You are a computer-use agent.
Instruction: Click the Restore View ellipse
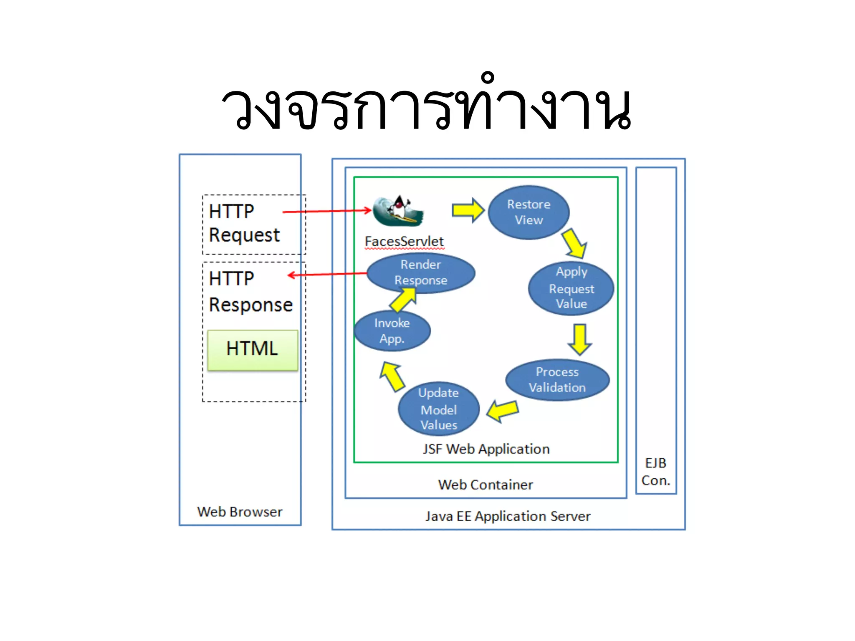pos(529,212)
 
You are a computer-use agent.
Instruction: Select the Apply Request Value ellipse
pos(571,288)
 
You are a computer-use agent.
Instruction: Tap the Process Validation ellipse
pos(557,380)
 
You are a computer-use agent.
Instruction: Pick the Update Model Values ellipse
pos(438,409)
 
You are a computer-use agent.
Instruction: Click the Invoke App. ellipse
pos(392,331)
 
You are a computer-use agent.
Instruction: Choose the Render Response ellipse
pos(421,273)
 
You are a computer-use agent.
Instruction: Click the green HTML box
pos(253,350)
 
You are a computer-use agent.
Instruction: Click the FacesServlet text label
pos(404,242)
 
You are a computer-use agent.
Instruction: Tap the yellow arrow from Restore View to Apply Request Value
pos(575,244)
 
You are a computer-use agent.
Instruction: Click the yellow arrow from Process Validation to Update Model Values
pos(503,411)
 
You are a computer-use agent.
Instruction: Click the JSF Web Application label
pos(486,449)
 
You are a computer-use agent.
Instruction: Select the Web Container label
pos(486,485)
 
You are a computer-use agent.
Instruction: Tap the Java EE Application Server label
pos(508,517)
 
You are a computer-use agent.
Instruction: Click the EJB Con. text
pos(656,472)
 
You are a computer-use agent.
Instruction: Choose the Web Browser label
pos(240,512)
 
